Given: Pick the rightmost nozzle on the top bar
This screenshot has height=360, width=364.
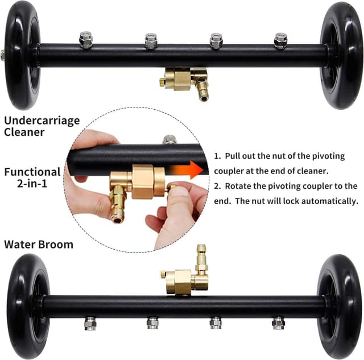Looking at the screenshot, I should point(280,40).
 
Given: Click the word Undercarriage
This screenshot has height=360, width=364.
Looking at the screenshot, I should point(42,121).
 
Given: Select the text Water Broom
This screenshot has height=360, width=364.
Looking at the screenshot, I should point(39,245).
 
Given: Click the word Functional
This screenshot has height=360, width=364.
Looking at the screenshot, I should point(32,172).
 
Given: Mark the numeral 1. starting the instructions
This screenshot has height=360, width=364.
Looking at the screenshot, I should point(218,155).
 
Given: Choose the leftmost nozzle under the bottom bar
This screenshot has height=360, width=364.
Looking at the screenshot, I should point(90,324).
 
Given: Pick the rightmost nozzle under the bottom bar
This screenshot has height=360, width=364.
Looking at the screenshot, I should point(278,324).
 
